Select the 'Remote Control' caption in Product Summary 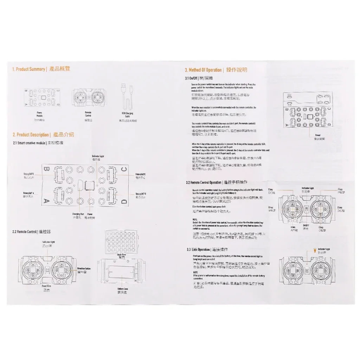click(x=89, y=114)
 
